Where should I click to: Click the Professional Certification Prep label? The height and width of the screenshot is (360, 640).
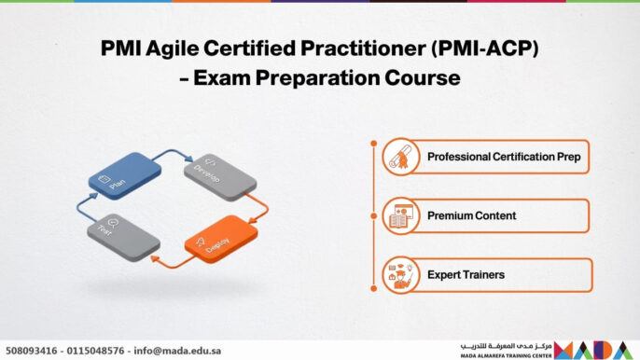[x=503, y=157]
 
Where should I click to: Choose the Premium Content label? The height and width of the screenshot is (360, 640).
[x=471, y=216]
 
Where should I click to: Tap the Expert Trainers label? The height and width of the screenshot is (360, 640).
[x=466, y=275]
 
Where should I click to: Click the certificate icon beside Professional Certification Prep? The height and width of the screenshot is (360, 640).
[x=399, y=157]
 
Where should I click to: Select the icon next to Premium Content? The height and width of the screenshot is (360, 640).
[x=399, y=216]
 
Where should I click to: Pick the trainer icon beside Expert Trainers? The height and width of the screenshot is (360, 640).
[x=399, y=275]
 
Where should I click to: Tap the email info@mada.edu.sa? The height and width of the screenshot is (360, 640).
[x=177, y=351]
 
